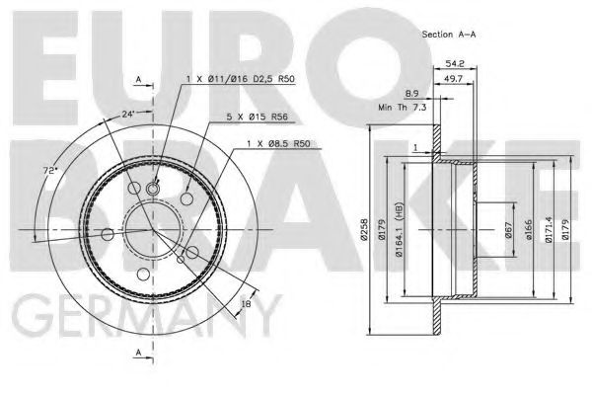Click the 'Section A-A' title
(x=450, y=34)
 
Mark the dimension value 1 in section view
(x=416, y=147)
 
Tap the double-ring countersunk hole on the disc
(x=154, y=189)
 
